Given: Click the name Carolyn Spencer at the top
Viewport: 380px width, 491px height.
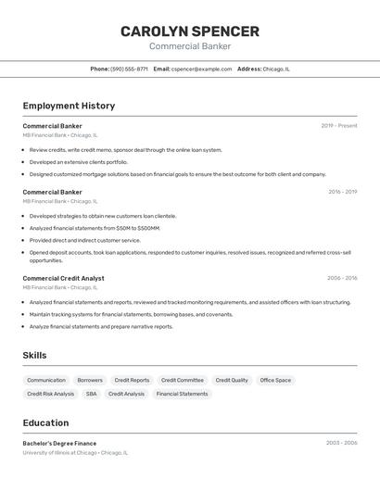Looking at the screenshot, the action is click(x=189, y=31).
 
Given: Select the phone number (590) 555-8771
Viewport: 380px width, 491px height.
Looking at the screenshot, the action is click(x=129, y=69).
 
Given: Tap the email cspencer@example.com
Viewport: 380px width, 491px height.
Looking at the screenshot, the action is click(x=201, y=69).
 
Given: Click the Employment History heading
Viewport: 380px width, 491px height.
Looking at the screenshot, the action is click(x=69, y=106).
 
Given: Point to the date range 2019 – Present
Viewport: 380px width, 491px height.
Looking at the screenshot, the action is click(x=339, y=125).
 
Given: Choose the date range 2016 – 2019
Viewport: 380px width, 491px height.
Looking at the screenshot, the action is click(x=342, y=192).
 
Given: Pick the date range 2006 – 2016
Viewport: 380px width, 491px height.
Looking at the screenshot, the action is click(x=342, y=278).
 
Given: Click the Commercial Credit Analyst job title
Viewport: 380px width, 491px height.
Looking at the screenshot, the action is click(x=63, y=278).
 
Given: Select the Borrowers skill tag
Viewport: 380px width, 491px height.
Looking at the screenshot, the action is click(x=90, y=380).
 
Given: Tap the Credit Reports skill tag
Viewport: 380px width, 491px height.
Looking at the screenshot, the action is click(x=132, y=380).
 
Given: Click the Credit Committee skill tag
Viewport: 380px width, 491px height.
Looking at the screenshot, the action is click(x=182, y=380).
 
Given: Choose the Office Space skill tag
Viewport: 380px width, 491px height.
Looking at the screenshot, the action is click(x=275, y=380).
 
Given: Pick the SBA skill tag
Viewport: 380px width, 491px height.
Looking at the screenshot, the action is click(x=91, y=394).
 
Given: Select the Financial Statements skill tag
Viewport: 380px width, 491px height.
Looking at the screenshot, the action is click(x=182, y=394).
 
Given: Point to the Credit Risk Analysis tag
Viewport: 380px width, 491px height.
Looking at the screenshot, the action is click(x=50, y=394).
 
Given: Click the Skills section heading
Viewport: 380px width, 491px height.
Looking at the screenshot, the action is click(x=34, y=356).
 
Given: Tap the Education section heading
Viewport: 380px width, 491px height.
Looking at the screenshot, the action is click(x=45, y=422).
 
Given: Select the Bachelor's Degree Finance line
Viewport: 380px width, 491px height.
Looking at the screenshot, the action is click(x=59, y=443).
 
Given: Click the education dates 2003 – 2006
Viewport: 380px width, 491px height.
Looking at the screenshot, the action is click(x=341, y=443).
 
